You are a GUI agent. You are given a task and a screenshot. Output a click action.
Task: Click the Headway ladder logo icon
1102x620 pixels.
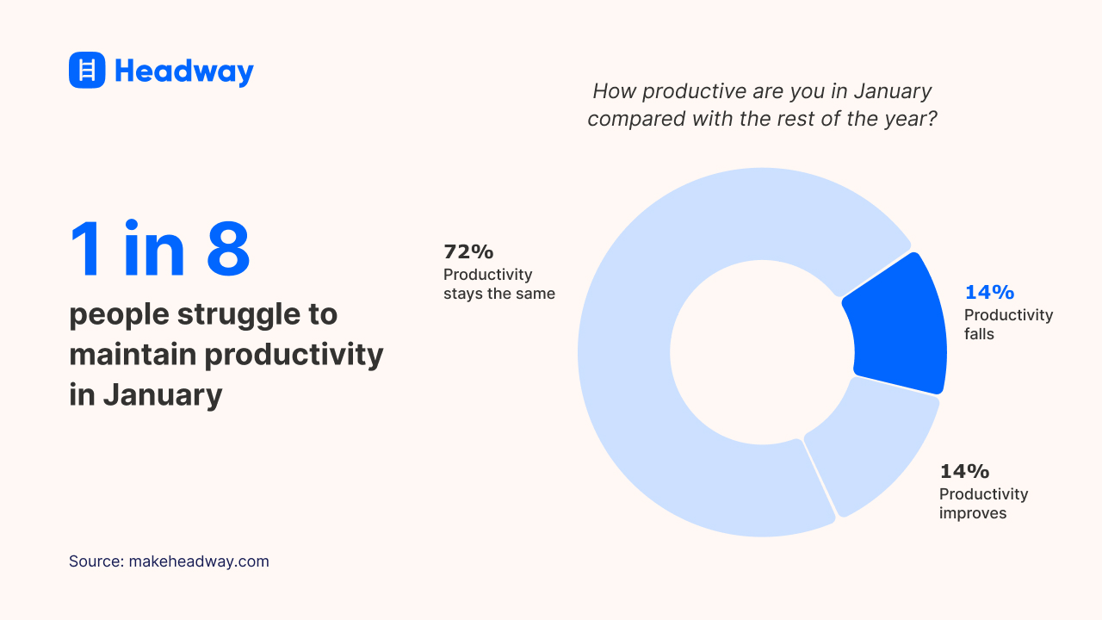[x=87, y=70]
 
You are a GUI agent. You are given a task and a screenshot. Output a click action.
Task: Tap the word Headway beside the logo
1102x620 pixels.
[x=184, y=71]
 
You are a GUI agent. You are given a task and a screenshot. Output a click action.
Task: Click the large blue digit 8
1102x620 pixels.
[x=228, y=250]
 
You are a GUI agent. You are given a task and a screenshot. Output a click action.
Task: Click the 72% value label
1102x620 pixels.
[x=468, y=251]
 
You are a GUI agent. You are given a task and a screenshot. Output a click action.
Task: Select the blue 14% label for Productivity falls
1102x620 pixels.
[x=989, y=292]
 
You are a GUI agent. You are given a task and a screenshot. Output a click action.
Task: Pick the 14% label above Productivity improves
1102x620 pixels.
[x=964, y=471]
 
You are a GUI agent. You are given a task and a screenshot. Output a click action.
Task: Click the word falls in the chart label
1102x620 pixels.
[x=979, y=334]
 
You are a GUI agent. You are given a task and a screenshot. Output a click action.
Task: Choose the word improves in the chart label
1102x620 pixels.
[x=973, y=513]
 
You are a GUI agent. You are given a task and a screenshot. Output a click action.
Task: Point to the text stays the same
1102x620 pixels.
[x=499, y=294]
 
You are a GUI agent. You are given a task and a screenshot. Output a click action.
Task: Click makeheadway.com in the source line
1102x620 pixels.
[x=199, y=561]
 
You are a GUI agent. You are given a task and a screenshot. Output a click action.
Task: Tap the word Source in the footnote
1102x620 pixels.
[x=95, y=561]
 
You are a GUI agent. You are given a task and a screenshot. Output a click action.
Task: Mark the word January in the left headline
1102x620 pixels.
[x=163, y=394]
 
